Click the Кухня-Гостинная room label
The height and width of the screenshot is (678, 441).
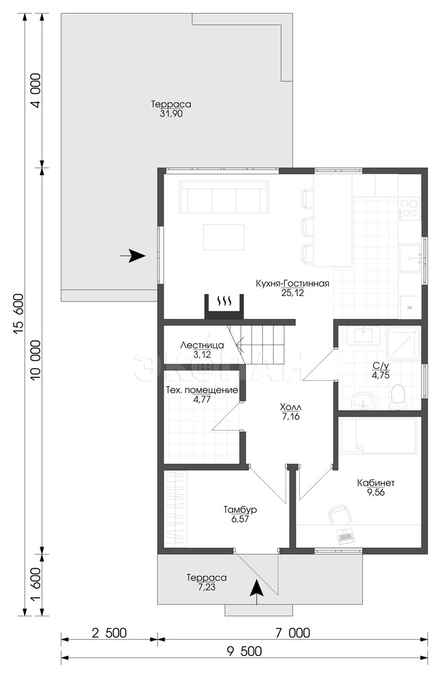point(292,284)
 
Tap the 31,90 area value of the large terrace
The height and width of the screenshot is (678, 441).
point(171,114)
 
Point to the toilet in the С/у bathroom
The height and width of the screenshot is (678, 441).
point(397,396)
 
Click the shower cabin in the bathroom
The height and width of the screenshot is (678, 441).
point(404,343)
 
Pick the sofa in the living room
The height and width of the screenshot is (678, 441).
point(224,197)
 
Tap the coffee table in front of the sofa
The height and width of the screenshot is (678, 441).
point(224,236)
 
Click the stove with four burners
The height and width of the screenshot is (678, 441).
point(409,208)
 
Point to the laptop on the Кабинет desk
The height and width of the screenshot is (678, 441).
point(346,536)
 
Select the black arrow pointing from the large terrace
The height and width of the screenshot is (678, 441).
point(132,256)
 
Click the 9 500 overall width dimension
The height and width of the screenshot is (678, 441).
point(244,651)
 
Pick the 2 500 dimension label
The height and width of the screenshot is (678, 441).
point(109,633)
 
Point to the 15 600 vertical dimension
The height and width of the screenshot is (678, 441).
point(18,314)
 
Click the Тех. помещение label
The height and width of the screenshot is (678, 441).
point(202,390)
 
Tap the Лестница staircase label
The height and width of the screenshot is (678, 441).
point(202,345)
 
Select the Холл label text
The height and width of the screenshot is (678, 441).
point(291,407)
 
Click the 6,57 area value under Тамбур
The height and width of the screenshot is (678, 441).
point(240,519)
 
